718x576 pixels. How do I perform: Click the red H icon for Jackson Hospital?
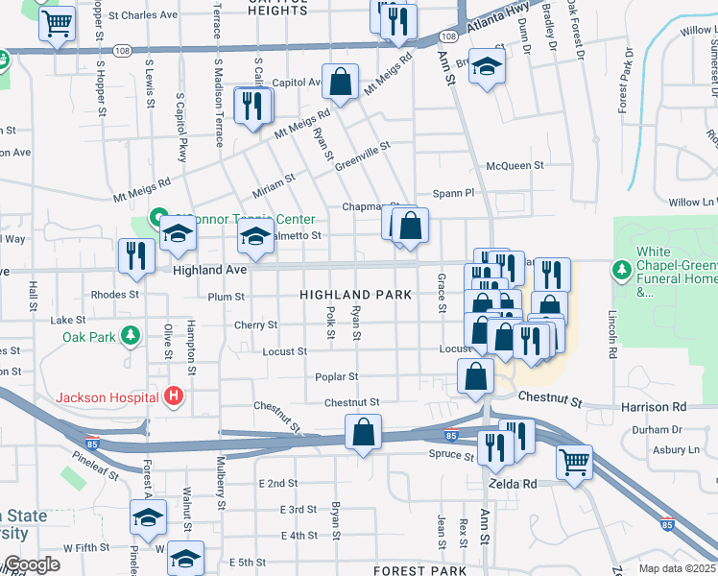(174, 396)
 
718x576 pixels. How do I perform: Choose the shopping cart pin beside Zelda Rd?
(574, 463)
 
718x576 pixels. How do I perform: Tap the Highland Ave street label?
(210, 271)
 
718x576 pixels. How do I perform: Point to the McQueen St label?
(515, 165)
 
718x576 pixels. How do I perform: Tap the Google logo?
(31, 565)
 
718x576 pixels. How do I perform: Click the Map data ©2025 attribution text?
(678, 568)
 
